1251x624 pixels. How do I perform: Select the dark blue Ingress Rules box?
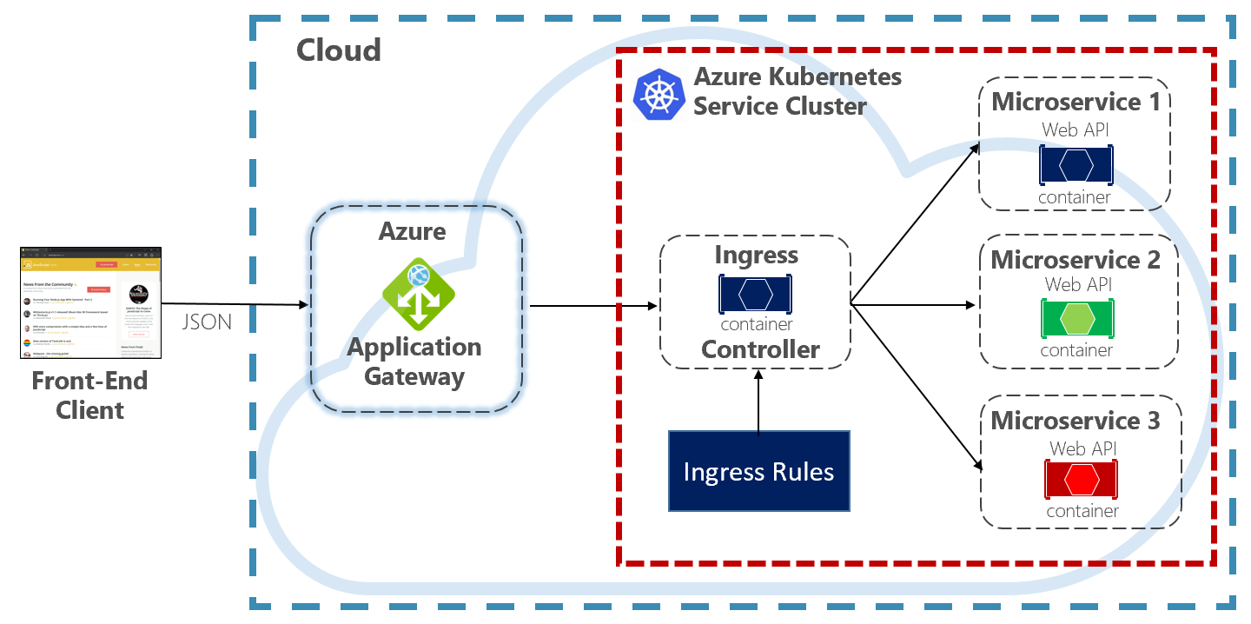758,471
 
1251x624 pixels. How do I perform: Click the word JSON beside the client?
207,322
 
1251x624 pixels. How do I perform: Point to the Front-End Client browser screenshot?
91,303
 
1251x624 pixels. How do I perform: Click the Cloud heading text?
339,50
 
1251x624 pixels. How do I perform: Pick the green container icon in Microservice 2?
1077,320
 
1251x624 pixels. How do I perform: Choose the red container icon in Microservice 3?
1082,480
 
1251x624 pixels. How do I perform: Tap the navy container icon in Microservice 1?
1076,165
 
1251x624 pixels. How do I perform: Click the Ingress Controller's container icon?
756,295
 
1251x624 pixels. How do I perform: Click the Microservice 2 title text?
1076,260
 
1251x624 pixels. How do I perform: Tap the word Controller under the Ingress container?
760,349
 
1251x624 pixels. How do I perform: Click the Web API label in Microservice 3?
1082,448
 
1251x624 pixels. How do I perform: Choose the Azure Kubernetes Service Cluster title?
797,91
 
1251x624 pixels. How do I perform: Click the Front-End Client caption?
90,395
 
